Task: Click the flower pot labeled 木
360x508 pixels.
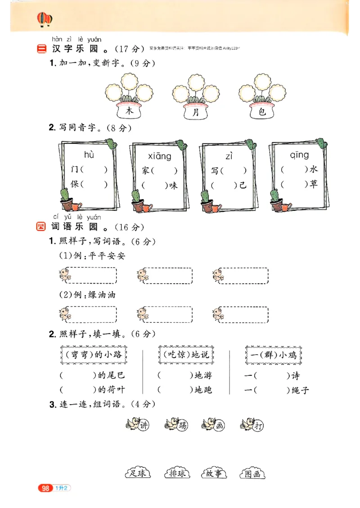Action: click(x=129, y=111)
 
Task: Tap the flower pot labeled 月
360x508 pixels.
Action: click(x=195, y=112)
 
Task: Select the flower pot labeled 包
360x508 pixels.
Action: click(x=262, y=111)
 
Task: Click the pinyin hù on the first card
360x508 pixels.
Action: click(x=89, y=155)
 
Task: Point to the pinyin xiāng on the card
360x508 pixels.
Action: click(x=159, y=156)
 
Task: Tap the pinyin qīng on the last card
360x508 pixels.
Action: click(x=299, y=155)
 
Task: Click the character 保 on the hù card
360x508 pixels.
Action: click(x=75, y=184)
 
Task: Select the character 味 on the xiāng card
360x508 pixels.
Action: click(x=173, y=185)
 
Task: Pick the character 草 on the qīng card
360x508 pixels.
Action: click(x=313, y=184)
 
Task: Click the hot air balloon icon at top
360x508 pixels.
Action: click(x=44, y=19)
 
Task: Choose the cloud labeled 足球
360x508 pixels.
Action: click(x=137, y=473)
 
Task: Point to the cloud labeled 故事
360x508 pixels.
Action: click(x=213, y=473)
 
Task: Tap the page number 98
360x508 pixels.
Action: click(x=45, y=488)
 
